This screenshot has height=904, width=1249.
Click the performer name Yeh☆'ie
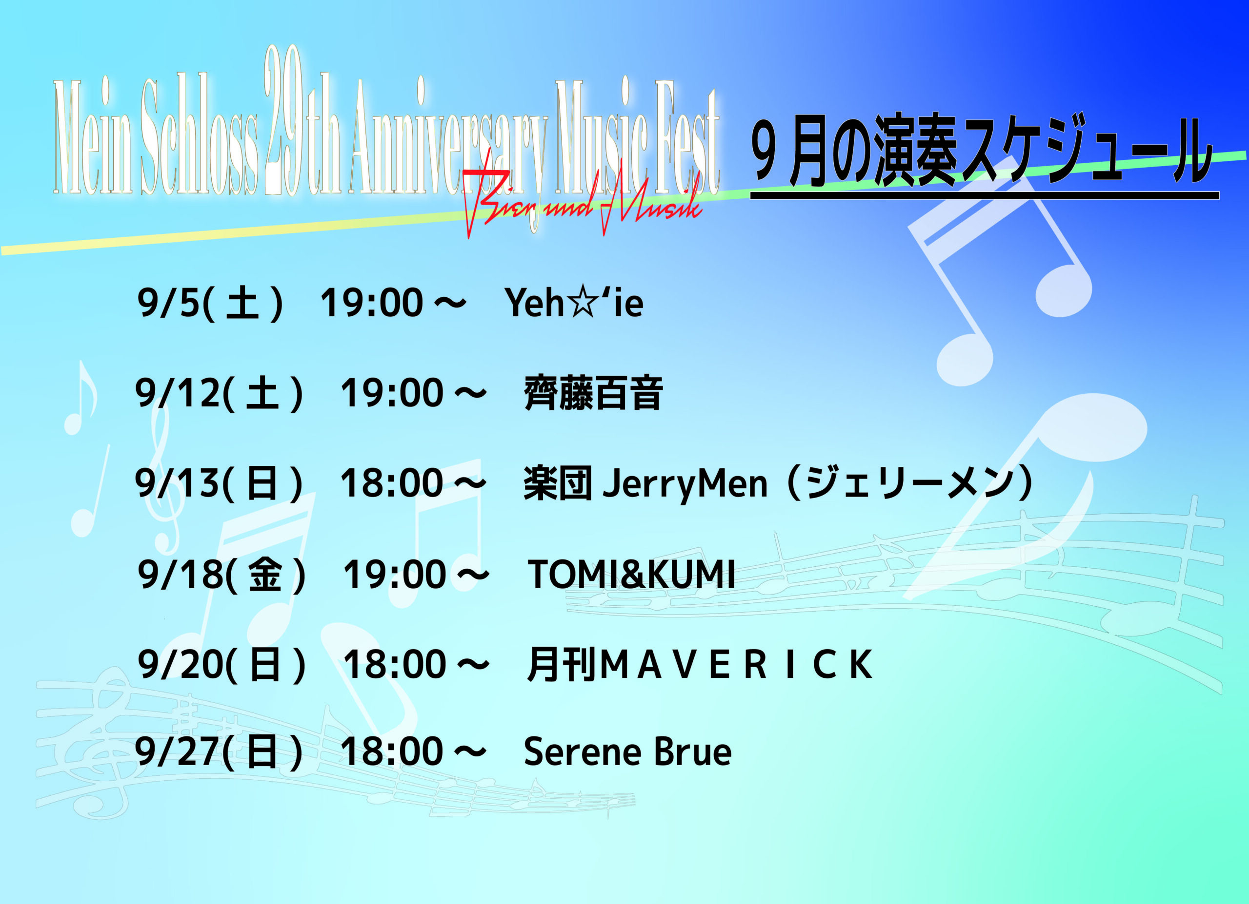pyautogui.click(x=574, y=303)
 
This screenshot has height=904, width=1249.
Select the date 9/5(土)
pyautogui.click(x=210, y=303)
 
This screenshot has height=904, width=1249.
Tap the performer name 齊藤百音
pyautogui.click(x=593, y=393)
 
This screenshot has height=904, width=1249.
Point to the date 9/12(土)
pyautogui.click(x=219, y=393)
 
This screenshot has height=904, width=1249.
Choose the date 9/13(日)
pyautogui.click(x=219, y=483)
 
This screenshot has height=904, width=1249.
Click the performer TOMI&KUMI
pyautogui.click(x=632, y=575)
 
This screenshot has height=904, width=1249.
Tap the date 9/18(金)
pyautogui.click(x=222, y=575)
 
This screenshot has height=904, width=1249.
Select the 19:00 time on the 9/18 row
pyautogui.click(x=394, y=575)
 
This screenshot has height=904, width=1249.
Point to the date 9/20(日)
pyautogui.click(x=222, y=665)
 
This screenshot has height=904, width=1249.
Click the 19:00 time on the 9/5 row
pyautogui.click(x=372, y=303)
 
